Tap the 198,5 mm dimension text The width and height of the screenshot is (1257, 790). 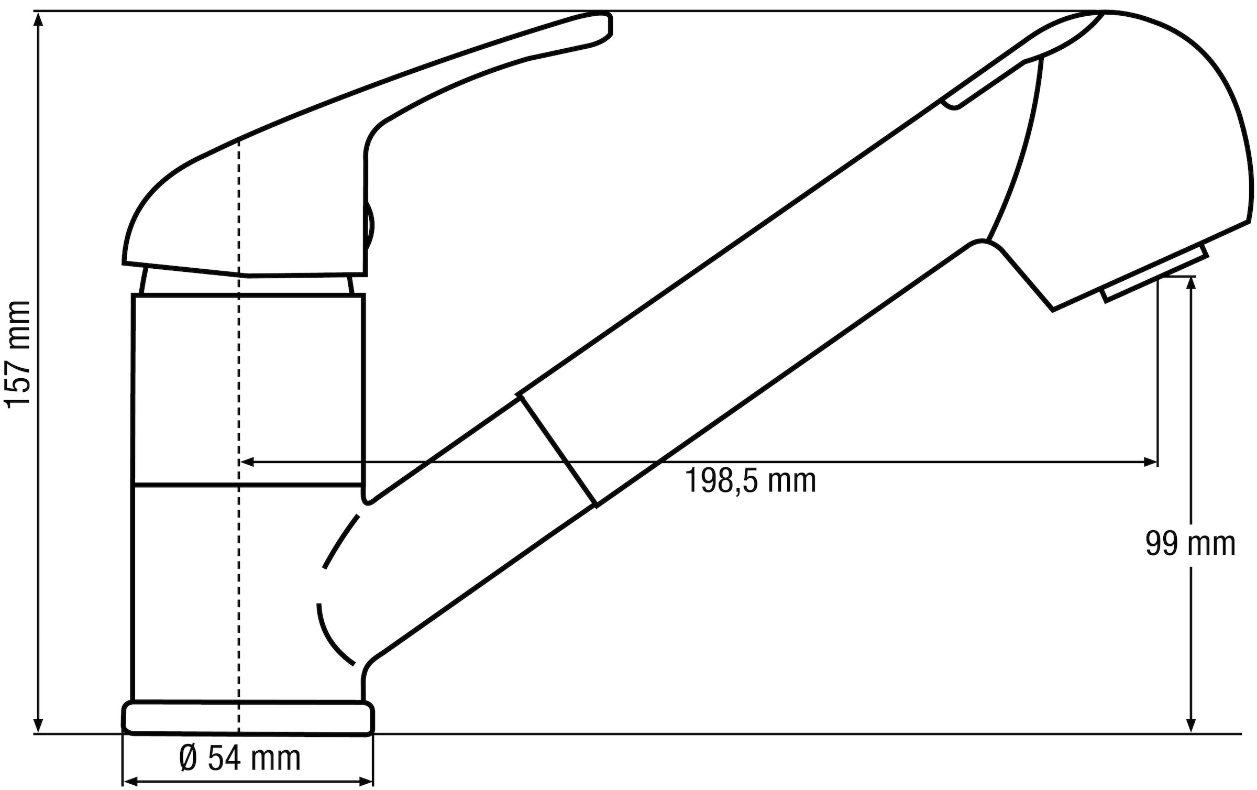pos(750,481)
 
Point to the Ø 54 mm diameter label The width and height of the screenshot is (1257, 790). pos(240,758)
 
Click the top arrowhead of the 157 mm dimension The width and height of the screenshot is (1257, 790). pos(38,19)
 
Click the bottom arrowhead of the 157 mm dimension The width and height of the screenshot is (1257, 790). pos(38,726)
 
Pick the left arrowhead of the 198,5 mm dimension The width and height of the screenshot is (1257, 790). pos(247,462)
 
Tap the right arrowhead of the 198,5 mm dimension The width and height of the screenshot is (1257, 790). pos(1150,462)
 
